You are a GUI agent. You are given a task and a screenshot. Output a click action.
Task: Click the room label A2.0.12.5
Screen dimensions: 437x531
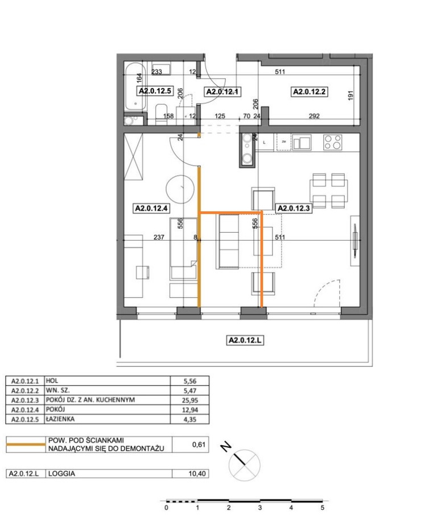point(155,91)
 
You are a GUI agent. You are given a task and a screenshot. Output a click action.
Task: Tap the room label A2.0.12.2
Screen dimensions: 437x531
point(310,92)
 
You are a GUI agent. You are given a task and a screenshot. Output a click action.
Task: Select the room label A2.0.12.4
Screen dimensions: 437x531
point(151,208)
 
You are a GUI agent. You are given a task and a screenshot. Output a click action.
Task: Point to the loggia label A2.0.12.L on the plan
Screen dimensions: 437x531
point(245,340)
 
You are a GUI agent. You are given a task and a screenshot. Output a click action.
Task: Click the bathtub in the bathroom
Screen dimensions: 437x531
point(135,87)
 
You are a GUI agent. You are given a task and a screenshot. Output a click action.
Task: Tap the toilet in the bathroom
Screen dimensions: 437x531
point(161,114)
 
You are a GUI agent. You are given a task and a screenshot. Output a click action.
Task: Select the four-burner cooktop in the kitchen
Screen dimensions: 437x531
point(333,142)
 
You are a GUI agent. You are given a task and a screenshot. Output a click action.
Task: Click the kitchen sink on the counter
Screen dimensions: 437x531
point(302,142)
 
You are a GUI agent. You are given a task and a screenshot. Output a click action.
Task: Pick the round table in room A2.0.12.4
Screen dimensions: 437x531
point(180,189)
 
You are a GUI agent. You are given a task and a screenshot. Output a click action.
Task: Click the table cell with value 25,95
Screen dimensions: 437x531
point(190,400)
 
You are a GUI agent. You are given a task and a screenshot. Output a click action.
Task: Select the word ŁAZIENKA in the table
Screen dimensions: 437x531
point(60,419)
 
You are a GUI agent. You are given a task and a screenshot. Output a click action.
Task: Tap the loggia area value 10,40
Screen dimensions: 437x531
point(197,474)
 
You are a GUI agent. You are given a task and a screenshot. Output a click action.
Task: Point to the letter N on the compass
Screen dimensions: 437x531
point(226,447)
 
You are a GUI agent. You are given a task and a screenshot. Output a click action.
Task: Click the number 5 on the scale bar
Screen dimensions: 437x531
point(322,508)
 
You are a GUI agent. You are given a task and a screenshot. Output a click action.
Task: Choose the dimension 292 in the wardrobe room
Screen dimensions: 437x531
point(314,116)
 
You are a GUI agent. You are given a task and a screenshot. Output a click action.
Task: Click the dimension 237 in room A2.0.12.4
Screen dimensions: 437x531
point(159,237)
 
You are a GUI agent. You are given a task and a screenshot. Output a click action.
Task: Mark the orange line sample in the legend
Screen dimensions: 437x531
point(26,444)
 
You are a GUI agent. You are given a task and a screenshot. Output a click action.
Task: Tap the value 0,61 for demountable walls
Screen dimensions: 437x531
point(199,444)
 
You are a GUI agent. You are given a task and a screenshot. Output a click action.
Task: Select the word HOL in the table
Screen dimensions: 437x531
point(52,381)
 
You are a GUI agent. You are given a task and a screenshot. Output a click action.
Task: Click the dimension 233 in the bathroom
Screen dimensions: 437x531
point(156,72)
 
